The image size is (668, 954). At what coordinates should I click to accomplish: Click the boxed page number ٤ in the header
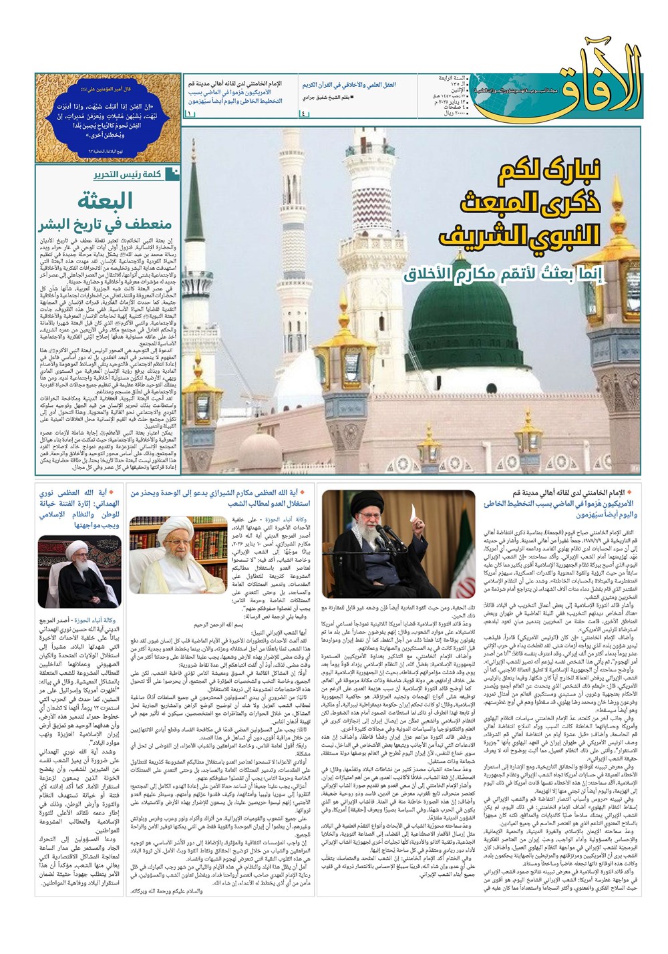pos(305,114)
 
